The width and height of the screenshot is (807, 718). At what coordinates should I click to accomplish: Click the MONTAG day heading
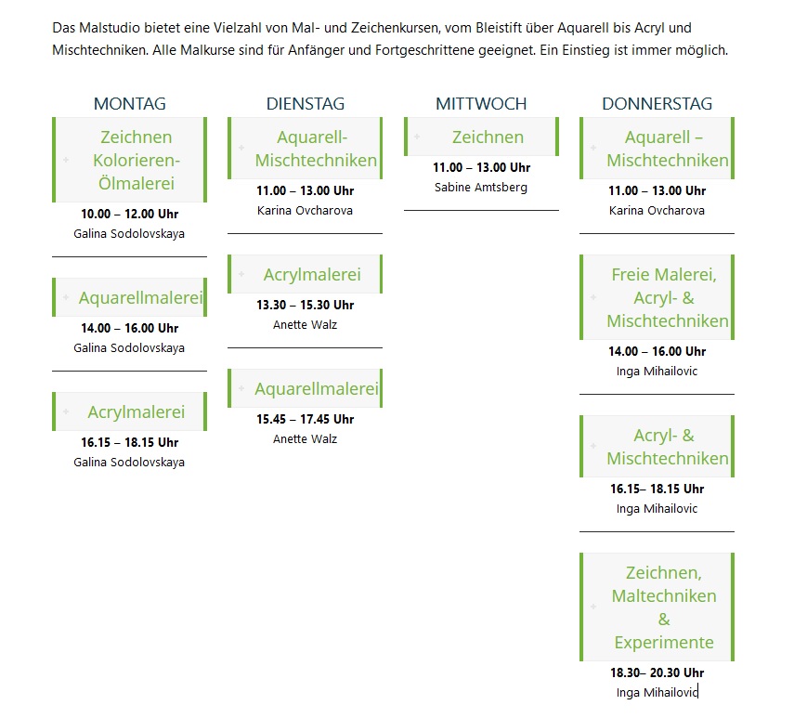click(130, 104)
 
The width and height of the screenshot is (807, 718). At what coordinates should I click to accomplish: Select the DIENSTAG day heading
click(306, 104)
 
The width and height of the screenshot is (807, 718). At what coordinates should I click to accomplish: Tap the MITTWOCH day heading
click(481, 104)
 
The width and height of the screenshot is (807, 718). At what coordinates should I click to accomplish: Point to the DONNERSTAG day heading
click(657, 104)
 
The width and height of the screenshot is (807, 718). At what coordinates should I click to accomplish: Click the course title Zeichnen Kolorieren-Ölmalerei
click(137, 160)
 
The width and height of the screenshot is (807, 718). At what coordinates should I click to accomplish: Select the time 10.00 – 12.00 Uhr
click(130, 215)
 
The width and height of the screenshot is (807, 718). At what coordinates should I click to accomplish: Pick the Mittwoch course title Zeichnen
click(488, 137)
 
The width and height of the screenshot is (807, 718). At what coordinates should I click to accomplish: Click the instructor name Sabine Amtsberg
click(481, 188)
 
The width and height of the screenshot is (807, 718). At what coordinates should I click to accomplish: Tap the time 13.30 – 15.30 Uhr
click(306, 306)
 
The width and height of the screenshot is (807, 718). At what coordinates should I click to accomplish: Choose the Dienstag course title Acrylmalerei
click(312, 274)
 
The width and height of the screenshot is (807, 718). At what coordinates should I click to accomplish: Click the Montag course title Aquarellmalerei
click(140, 297)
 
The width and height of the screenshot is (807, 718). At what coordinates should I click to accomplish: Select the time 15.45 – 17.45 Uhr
click(306, 420)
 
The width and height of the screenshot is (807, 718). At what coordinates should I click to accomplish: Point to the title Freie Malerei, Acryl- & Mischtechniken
click(668, 297)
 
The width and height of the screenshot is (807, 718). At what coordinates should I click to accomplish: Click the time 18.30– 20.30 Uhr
click(657, 672)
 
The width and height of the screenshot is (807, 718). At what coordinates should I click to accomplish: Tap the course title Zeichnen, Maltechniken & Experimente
click(664, 607)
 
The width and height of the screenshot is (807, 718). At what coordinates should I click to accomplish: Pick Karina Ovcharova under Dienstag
click(306, 211)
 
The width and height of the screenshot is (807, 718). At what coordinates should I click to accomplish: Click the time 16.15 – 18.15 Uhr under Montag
click(130, 443)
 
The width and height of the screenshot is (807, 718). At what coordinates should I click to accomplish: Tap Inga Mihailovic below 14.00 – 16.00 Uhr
click(657, 372)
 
